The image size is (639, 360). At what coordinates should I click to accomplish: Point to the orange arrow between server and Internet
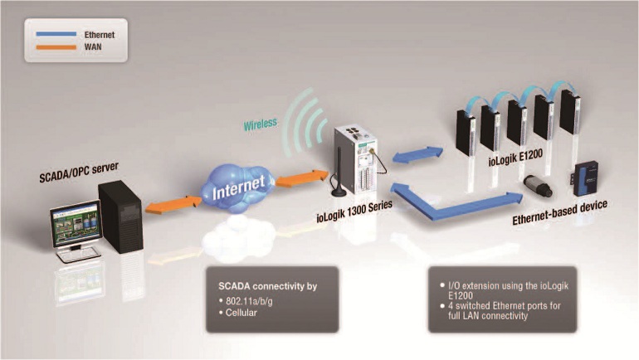point(173,204)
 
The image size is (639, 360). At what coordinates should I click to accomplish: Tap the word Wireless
point(261,125)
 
